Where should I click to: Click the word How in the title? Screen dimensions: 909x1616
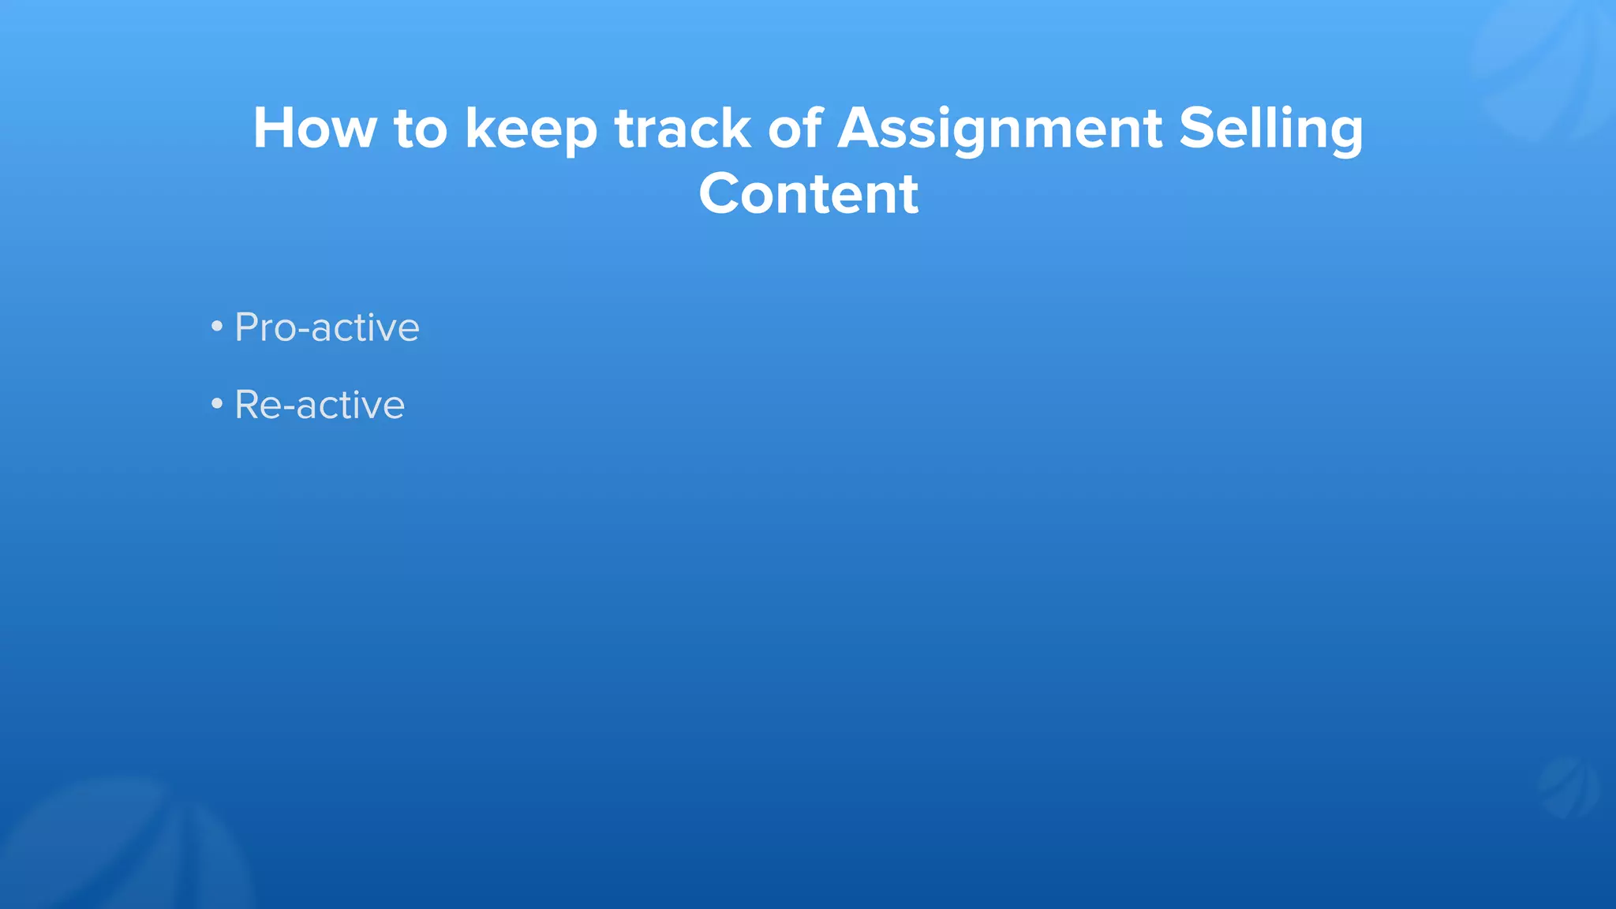coord(314,128)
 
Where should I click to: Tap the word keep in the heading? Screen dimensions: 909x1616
coord(531,129)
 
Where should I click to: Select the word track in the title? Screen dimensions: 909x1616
coord(683,128)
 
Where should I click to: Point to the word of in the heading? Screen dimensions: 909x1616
coord(795,128)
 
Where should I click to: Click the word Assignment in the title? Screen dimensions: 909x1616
coord(1000,129)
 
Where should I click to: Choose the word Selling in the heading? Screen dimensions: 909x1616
coord(1270,129)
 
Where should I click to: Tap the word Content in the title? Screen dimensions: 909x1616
coord(809,194)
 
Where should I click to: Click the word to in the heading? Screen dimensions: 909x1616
coord(421,129)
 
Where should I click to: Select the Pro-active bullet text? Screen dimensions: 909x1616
coord(327,327)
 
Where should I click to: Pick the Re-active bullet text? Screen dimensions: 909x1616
coord(320,406)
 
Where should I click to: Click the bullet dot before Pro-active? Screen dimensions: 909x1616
coord(217,326)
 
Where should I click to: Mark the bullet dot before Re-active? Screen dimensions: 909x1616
coord(217,404)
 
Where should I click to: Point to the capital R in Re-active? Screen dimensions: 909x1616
coord(248,406)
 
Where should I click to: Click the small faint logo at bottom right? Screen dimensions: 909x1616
coord(1569,787)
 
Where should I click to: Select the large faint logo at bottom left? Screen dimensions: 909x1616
coord(118,848)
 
